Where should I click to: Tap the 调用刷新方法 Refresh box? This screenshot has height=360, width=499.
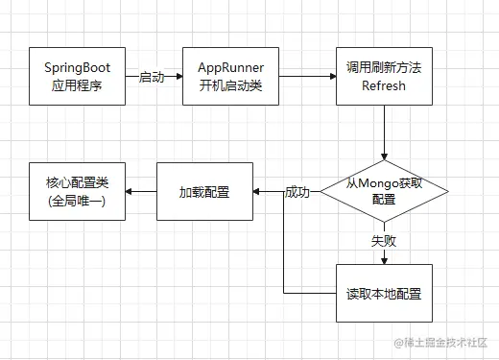384,76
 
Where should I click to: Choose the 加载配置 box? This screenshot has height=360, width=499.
203,192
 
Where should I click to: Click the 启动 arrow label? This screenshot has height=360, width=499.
152,77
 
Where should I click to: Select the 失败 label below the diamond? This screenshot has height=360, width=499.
384,242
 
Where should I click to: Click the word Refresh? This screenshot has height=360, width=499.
384,85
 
